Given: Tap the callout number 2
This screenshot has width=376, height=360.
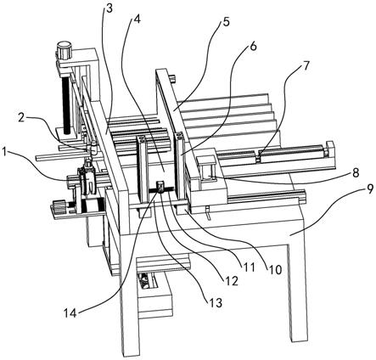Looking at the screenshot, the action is pyautogui.click(x=21, y=118).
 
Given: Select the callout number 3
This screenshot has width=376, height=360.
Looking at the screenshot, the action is pyautogui.click(x=109, y=8).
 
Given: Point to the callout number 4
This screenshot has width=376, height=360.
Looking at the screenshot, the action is pyautogui.click(x=137, y=20).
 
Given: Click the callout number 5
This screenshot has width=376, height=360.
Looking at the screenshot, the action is pyautogui.click(x=226, y=22).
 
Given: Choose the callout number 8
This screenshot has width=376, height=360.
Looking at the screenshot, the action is pyautogui.click(x=356, y=172).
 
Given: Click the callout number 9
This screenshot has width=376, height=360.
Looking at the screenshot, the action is pyautogui.click(x=370, y=190).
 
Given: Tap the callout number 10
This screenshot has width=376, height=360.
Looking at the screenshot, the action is pyautogui.click(x=275, y=270).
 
